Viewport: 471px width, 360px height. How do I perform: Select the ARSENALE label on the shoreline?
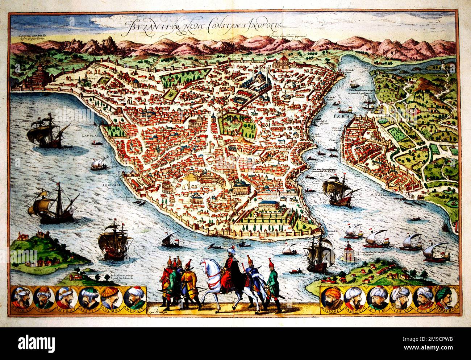pyautogui.click(x=109, y=185)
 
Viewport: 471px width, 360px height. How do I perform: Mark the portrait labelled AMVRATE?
pyautogui.click(x=133, y=298)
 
